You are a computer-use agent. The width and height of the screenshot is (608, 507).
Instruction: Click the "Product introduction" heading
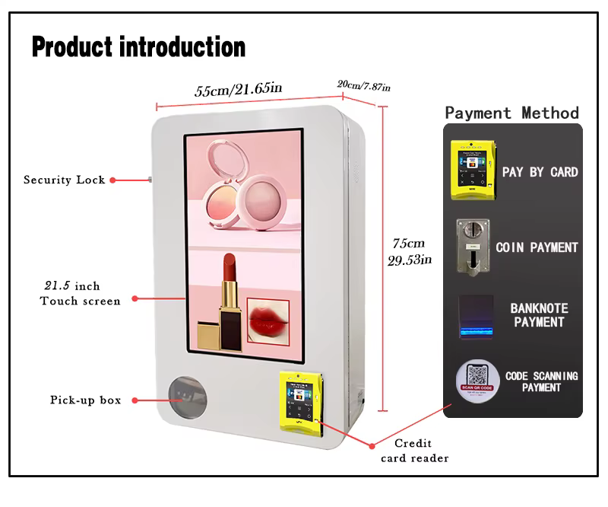[x=138, y=47]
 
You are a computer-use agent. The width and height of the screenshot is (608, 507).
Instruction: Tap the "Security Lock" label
[x=64, y=180]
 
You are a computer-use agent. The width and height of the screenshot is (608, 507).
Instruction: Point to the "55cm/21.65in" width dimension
[x=239, y=90]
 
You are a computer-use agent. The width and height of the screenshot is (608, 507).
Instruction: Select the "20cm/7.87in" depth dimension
[x=364, y=85]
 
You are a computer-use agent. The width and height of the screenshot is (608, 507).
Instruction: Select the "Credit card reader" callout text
[x=413, y=451]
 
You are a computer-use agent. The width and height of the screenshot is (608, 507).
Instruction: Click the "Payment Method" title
[x=511, y=113]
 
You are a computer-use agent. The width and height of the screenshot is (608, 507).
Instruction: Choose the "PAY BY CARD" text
[x=540, y=172]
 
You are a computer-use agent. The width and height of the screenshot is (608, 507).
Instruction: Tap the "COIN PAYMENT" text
[x=537, y=247]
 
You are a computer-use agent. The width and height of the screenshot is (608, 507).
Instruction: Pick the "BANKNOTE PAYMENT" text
[x=539, y=315]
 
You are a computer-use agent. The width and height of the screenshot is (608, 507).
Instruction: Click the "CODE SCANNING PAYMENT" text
[x=541, y=381]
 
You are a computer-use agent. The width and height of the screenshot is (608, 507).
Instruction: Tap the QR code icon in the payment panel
[x=477, y=379]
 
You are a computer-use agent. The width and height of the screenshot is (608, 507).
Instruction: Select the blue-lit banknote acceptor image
[x=476, y=317]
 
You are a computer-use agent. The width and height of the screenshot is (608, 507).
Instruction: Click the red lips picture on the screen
[x=268, y=320]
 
